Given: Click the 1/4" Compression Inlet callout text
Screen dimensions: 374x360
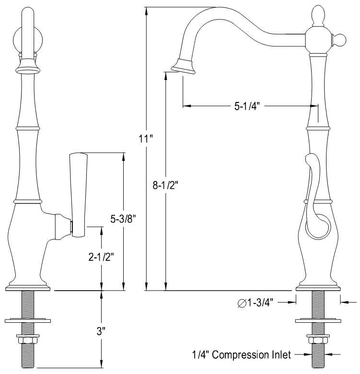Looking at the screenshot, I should point(242,355).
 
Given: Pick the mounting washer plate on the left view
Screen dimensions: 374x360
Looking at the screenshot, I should point(29,319).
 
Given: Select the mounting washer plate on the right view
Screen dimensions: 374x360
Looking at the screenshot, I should point(318,319).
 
